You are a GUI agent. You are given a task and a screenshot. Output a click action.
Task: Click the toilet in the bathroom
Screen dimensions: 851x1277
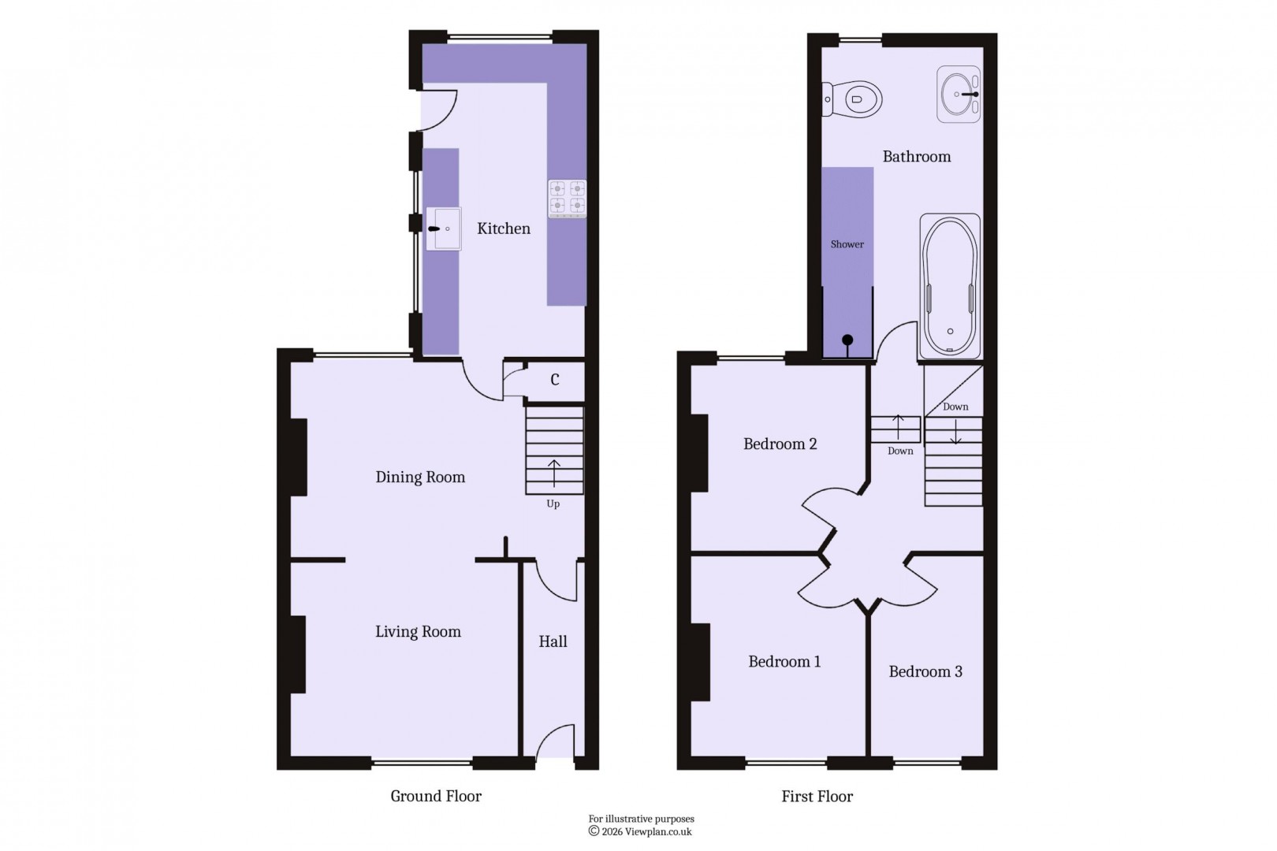854,100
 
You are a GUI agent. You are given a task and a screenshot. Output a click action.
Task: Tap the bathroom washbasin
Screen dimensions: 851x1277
959,95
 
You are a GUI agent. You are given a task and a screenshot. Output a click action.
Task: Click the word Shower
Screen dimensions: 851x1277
847,244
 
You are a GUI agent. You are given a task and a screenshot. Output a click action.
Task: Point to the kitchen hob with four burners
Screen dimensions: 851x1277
568,199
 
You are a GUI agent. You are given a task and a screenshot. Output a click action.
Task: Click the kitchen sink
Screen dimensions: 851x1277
443,229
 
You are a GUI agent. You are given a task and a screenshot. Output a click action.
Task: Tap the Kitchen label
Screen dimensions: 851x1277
504,229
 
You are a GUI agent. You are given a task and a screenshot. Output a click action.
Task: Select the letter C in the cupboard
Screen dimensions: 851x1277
555,380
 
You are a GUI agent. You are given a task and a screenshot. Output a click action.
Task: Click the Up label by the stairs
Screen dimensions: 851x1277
553,504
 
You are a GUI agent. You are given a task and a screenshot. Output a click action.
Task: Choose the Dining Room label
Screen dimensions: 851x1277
420,477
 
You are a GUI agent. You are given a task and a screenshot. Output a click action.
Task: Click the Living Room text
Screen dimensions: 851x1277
418,631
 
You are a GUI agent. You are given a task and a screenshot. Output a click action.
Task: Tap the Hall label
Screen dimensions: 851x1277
553,641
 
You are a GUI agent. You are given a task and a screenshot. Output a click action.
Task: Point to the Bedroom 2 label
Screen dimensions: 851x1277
780,444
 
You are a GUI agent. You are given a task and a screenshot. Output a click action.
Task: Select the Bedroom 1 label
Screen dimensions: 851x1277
784,661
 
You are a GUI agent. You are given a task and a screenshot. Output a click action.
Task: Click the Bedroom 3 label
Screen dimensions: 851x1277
925,671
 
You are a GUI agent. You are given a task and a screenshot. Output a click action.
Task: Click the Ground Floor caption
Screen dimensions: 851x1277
436,796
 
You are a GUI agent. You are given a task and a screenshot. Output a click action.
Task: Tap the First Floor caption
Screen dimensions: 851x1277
817,797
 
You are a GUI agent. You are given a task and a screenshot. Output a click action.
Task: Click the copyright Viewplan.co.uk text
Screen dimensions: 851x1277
641,831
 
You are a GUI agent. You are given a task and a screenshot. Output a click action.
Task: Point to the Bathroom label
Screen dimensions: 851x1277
917,156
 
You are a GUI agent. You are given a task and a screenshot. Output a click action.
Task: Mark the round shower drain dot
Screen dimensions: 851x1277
847,340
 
